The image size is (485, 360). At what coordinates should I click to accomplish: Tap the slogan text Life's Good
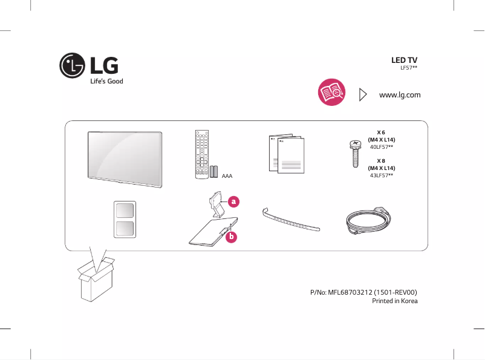(106, 81)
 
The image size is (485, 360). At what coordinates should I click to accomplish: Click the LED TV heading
(404, 61)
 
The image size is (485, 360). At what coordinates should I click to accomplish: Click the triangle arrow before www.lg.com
(363, 94)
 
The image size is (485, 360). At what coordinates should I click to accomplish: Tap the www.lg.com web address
(399, 95)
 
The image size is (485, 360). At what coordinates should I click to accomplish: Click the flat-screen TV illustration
(125, 155)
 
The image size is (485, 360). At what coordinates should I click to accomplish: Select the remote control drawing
(201, 154)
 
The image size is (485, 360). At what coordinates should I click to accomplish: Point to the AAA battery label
(227, 176)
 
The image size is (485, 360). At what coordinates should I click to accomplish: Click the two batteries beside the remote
(214, 171)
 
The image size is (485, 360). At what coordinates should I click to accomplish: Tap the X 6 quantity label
(381, 132)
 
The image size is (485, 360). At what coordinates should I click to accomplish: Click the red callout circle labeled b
(230, 238)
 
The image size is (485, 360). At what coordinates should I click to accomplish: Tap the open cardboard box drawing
(97, 279)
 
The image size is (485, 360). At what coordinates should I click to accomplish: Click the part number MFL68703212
(363, 292)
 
